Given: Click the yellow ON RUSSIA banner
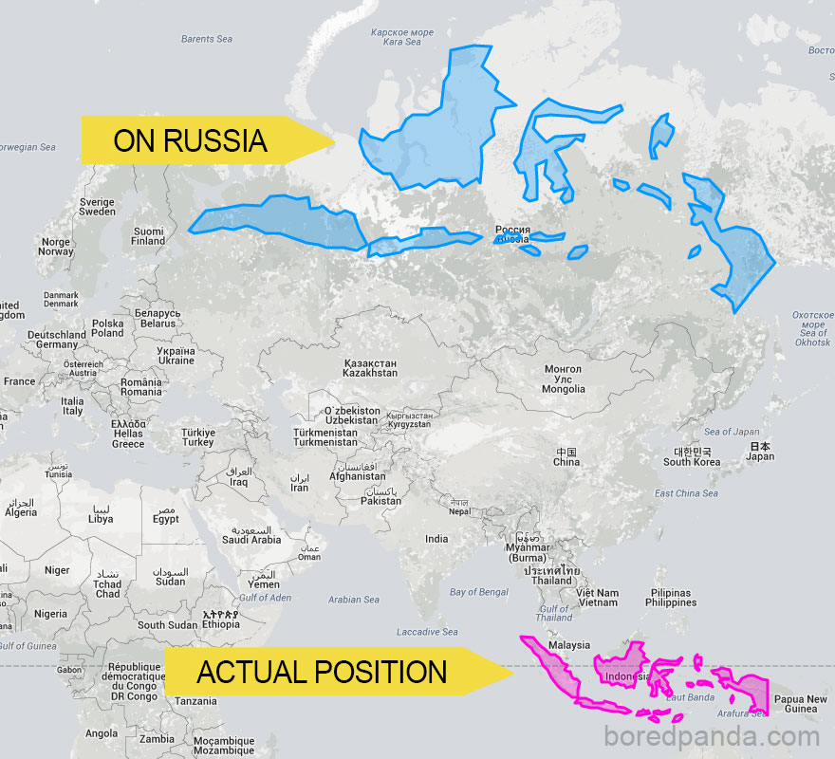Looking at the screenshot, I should click(199, 140).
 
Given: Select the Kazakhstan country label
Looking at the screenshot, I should click(369, 368).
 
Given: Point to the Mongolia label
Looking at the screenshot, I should click(563, 379).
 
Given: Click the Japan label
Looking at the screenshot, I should click(760, 451).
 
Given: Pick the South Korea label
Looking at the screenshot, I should click(692, 456).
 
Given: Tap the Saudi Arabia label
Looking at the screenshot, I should click(251, 535).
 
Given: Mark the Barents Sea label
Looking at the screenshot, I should click(206, 39).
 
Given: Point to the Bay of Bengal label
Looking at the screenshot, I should click(479, 592).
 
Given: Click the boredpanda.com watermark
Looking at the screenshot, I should click(711, 736).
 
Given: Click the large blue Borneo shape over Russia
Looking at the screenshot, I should click(441, 123).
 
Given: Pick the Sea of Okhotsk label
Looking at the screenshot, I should click(812, 326).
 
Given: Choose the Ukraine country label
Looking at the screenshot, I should click(176, 356).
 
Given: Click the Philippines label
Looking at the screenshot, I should click(671, 598).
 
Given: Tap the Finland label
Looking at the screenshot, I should click(148, 235).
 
